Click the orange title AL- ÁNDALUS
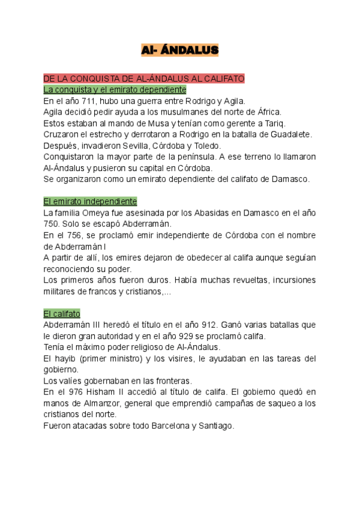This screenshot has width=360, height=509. [179, 50]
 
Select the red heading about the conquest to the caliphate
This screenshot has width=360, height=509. [144, 79]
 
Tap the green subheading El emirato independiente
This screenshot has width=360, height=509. [91, 201]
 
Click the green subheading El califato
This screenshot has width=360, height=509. [62, 313]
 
